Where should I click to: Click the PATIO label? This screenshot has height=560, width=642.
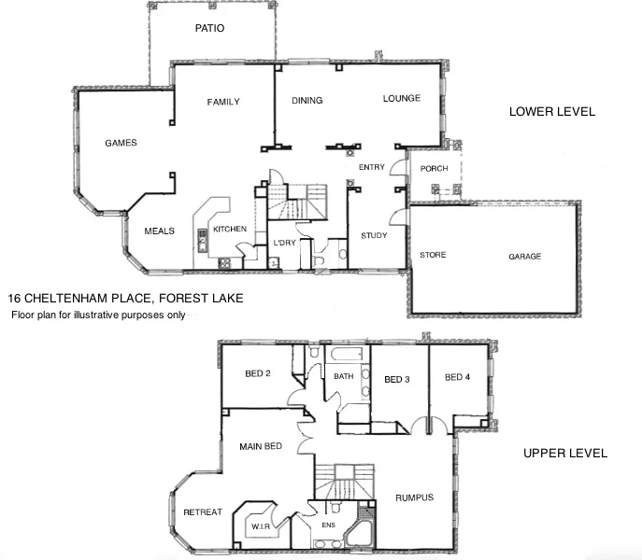pyautogui.click(x=209, y=29)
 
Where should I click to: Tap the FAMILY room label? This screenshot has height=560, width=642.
pyautogui.click(x=223, y=102)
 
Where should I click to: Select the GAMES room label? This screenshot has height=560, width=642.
pyautogui.click(x=121, y=144)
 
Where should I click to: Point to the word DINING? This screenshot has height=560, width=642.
pyautogui.click(x=307, y=101)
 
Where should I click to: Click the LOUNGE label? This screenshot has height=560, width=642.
pyautogui.click(x=401, y=98)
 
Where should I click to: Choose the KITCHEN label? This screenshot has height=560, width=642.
pyautogui.click(x=229, y=229)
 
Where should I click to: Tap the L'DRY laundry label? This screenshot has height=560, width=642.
pyautogui.click(x=284, y=244)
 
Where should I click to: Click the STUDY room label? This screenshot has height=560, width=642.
pyautogui.click(x=374, y=236)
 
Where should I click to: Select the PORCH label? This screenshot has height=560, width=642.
pyautogui.click(x=435, y=169)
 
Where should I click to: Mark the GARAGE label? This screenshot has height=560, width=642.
pyautogui.click(x=524, y=257)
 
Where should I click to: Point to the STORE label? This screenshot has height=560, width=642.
pyautogui.click(x=433, y=255)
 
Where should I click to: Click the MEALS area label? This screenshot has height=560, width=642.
pyautogui.click(x=159, y=231)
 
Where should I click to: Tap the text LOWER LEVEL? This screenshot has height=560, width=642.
pyautogui.click(x=551, y=112)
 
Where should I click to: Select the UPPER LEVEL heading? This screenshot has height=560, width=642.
pyautogui.click(x=565, y=454)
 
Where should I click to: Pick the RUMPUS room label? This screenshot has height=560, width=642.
pyautogui.click(x=414, y=497)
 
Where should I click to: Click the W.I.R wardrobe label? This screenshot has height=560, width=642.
pyautogui.click(x=260, y=527)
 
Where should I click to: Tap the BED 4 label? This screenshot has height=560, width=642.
pyautogui.click(x=457, y=378)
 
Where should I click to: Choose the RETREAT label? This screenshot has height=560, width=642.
pyautogui.click(x=202, y=512)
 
